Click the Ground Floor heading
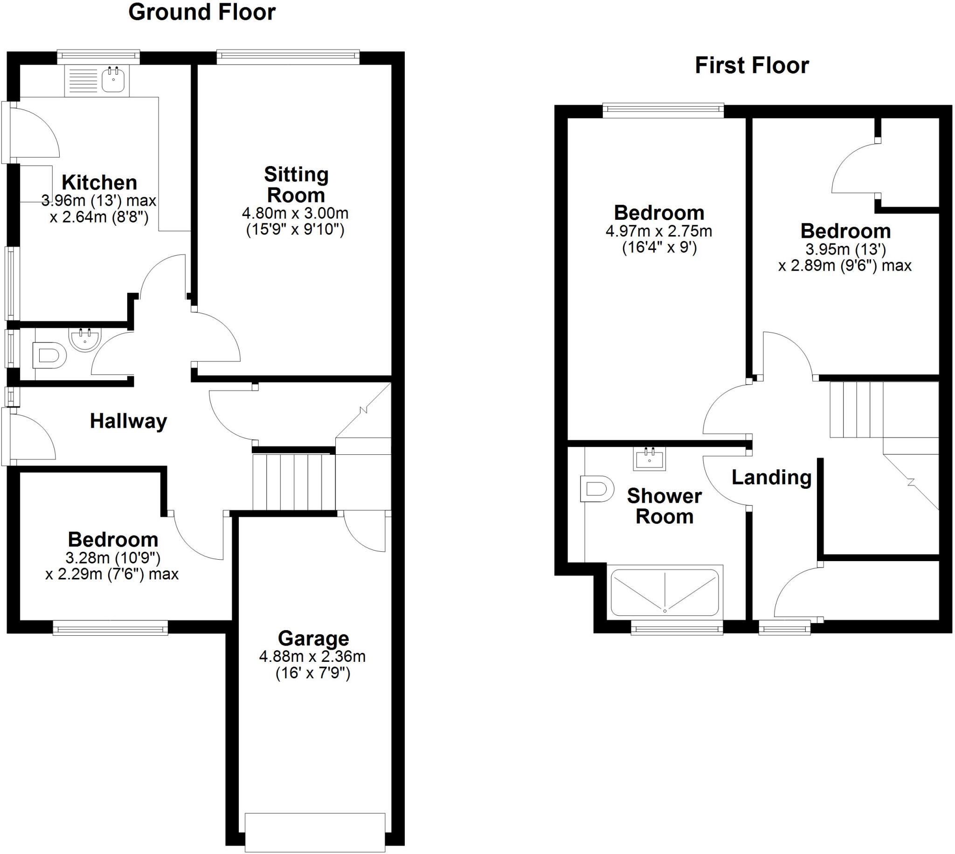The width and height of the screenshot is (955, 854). (202, 12)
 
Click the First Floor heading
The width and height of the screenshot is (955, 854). (751, 66)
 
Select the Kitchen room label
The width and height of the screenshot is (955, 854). (99, 182)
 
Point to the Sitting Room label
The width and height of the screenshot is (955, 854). (296, 184)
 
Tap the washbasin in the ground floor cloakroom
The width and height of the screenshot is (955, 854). (85, 338)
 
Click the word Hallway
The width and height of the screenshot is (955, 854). (128, 421)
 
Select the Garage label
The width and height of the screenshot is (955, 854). (313, 639)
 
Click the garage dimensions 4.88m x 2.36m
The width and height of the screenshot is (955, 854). (312, 656)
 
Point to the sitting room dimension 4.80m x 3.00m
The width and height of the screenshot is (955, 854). (295, 214)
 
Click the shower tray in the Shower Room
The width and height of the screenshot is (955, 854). (664, 593)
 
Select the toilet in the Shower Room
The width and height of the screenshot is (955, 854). (596, 488)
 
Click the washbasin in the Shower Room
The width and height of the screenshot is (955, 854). (650, 458)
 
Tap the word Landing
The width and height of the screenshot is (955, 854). (772, 478)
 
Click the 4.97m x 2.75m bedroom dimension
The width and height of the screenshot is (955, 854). (659, 231)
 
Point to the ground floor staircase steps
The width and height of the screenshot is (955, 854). (294, 481)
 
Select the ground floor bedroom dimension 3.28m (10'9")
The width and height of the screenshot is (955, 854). (113, 558)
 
